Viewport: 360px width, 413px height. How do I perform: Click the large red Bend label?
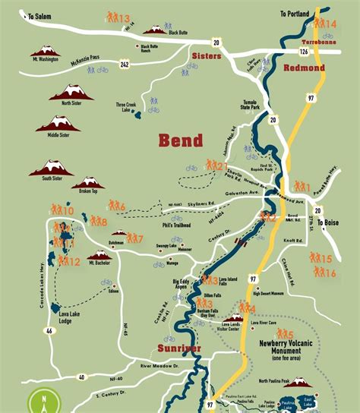180,140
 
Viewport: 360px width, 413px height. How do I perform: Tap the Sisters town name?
207,57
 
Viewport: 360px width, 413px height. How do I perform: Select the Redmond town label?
304,68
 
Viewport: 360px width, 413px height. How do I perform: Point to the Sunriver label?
180,348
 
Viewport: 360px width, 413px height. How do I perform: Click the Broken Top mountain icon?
90,182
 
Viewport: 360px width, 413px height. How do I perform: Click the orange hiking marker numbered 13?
118,17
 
